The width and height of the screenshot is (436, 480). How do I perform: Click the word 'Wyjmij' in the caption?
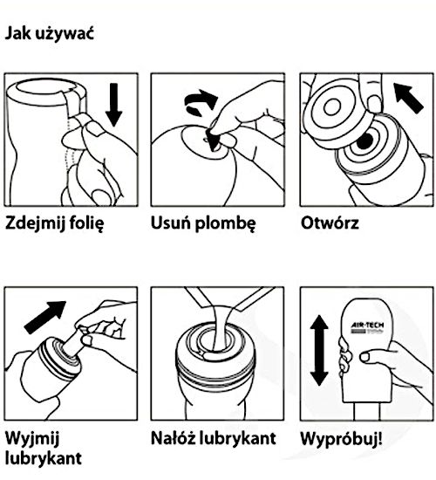click(x=31, y=436)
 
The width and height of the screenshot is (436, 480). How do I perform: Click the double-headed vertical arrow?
click(x=316, y=349)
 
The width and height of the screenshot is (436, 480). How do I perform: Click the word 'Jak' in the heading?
click(x=19, y=35)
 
